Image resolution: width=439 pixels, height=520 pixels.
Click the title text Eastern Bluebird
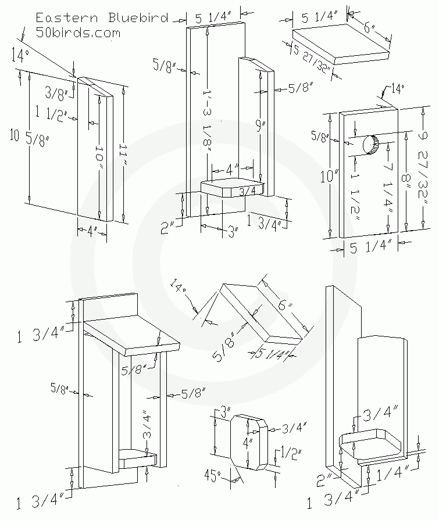coord(102,17)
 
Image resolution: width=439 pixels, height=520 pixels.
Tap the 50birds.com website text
coord(78,33)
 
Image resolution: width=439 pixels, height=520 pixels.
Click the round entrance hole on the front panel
coord(370,145)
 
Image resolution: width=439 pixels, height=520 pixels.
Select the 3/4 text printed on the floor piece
coord(248,191)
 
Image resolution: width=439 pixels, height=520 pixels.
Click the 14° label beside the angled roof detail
coord(179,289)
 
